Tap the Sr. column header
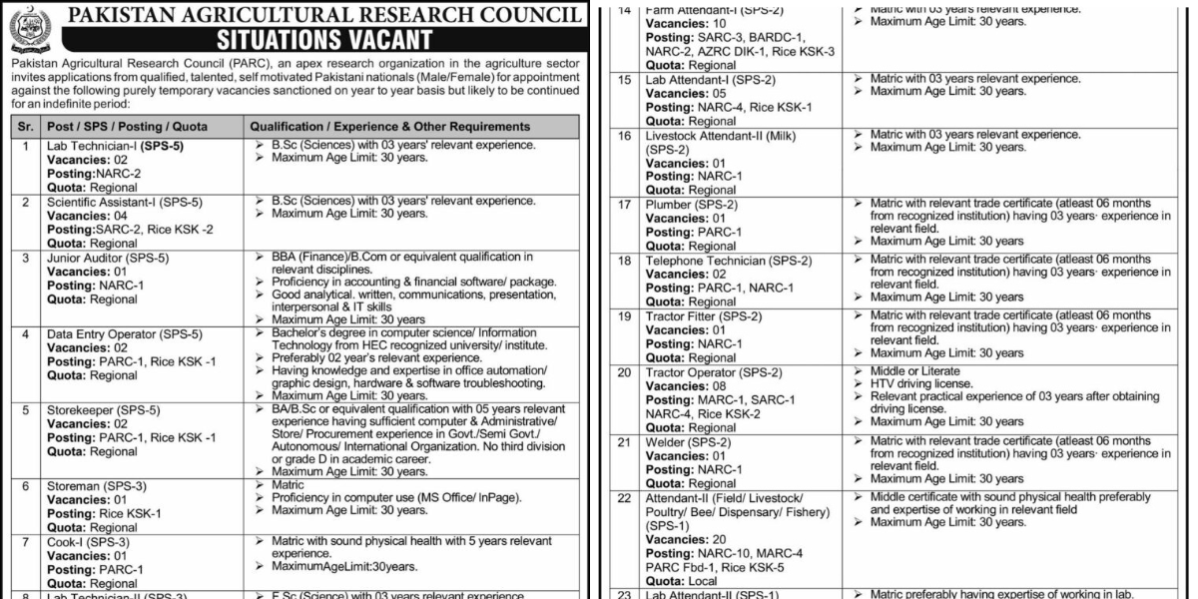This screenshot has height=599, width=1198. [x=26, y=127]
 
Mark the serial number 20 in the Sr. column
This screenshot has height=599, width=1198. [x=625, y=372]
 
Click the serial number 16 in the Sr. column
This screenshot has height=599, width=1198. [x=625, y=135]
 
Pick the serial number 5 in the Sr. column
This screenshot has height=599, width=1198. [x=26, y=409]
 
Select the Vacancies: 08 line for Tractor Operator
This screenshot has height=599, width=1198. [x=691, y=386]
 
